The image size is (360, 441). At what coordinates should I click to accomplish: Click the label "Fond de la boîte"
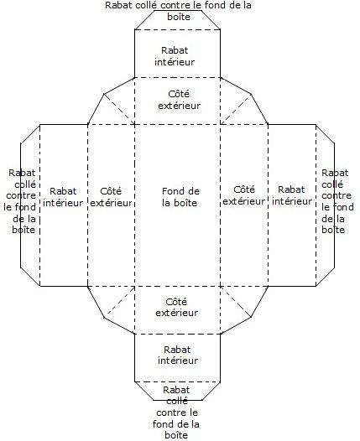[x=180, y=197]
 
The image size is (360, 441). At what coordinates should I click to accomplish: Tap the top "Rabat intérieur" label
[x=175, y=56]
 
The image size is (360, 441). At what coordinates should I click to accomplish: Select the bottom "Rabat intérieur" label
[x=178, y=355]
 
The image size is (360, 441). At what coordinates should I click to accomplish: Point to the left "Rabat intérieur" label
[x=63, y=197]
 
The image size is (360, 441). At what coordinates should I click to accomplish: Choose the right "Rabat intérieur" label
[x=292, y=195]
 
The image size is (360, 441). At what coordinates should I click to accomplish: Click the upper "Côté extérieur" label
[x=179, y=100]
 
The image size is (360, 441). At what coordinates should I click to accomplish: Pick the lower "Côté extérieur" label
[x=176, y=307]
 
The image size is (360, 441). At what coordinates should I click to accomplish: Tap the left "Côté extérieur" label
[x=111, y=197]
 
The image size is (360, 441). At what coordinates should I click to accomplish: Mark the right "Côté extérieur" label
[x=243, y=195]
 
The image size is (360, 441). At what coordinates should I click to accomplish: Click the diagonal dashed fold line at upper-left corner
[x=120, y=109]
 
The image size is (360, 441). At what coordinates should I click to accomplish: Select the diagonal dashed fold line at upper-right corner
[x=236, y=109]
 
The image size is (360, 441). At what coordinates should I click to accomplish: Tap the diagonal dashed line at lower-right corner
[x=235, y=302]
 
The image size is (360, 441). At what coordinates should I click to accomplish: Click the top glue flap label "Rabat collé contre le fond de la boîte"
[x=178, y=11]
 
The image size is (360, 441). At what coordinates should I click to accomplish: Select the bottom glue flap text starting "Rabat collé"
[x=176, y=412]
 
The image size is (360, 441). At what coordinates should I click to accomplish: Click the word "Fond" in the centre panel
[x=171, y=191]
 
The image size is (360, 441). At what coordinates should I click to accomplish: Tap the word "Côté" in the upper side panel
[x=179, y=94]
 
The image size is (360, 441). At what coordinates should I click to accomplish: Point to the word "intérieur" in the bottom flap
[x=178, y=361]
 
